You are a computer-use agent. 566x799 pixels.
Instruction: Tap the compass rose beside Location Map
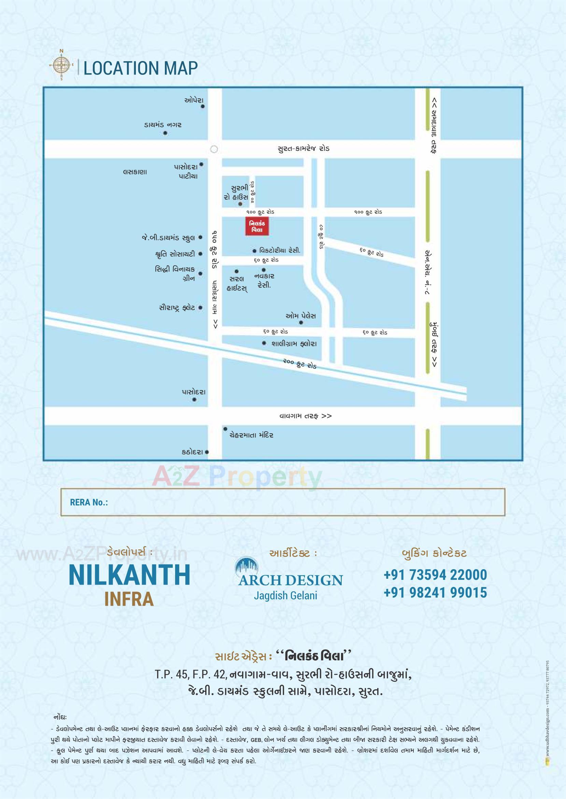62,65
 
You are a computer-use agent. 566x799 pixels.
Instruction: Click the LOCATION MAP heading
140,68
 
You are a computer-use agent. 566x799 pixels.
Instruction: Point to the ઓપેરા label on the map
194,100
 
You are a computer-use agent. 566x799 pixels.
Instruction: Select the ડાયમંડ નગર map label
163,124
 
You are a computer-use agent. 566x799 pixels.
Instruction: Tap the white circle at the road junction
214,149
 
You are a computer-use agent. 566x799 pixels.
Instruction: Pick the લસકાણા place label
135,172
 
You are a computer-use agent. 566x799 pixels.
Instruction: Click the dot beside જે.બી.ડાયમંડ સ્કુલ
200,237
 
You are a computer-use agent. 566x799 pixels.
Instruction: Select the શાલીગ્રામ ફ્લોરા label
294,344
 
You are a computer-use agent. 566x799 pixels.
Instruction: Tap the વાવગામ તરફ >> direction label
305,416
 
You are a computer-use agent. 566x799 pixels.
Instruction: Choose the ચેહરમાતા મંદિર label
251,435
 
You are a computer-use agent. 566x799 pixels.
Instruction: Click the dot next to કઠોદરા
207,452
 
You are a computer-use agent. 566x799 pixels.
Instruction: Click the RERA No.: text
89,502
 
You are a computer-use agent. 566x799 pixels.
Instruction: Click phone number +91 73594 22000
435,575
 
